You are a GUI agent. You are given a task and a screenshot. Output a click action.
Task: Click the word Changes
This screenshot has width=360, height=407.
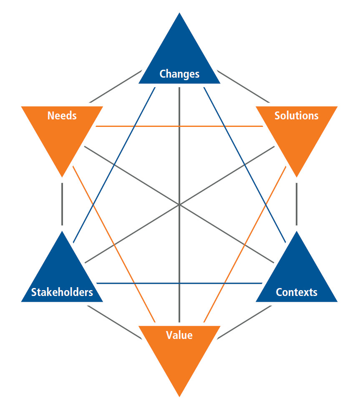click(179, 74)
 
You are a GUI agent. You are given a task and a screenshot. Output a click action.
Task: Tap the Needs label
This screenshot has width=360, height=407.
click(62, 116)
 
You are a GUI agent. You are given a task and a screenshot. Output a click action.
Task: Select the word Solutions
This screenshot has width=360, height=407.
click(296, 116)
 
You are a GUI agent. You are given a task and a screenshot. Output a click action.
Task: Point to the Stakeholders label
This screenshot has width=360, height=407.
click(62, 292)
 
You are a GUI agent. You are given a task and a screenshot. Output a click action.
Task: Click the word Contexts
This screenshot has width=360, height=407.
click(296, 292)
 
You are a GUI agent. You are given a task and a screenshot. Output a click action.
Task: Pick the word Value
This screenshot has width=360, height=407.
click(179, 335)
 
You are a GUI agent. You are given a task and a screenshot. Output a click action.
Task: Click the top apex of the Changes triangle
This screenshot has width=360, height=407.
click(179, 13)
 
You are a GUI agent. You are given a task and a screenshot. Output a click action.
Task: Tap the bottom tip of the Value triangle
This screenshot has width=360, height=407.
click(179, 396)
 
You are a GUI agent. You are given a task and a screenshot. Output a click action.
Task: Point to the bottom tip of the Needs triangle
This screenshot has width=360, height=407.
click(62, 176)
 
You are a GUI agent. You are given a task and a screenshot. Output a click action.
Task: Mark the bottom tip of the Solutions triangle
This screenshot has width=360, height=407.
click(297, 176)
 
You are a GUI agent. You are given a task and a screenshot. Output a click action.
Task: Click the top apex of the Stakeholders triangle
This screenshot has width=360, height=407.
click(62, 232)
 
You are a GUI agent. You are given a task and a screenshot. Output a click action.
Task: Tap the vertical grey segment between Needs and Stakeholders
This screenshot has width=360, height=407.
click(62, 204)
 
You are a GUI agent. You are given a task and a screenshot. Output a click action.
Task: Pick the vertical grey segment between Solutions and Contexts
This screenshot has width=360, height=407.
click(297, 204)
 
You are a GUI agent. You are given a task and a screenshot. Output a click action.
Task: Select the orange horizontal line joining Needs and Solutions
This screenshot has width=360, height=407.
click(179, 126)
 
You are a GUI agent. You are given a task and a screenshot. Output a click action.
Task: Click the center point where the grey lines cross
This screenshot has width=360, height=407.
click(179, 205)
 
